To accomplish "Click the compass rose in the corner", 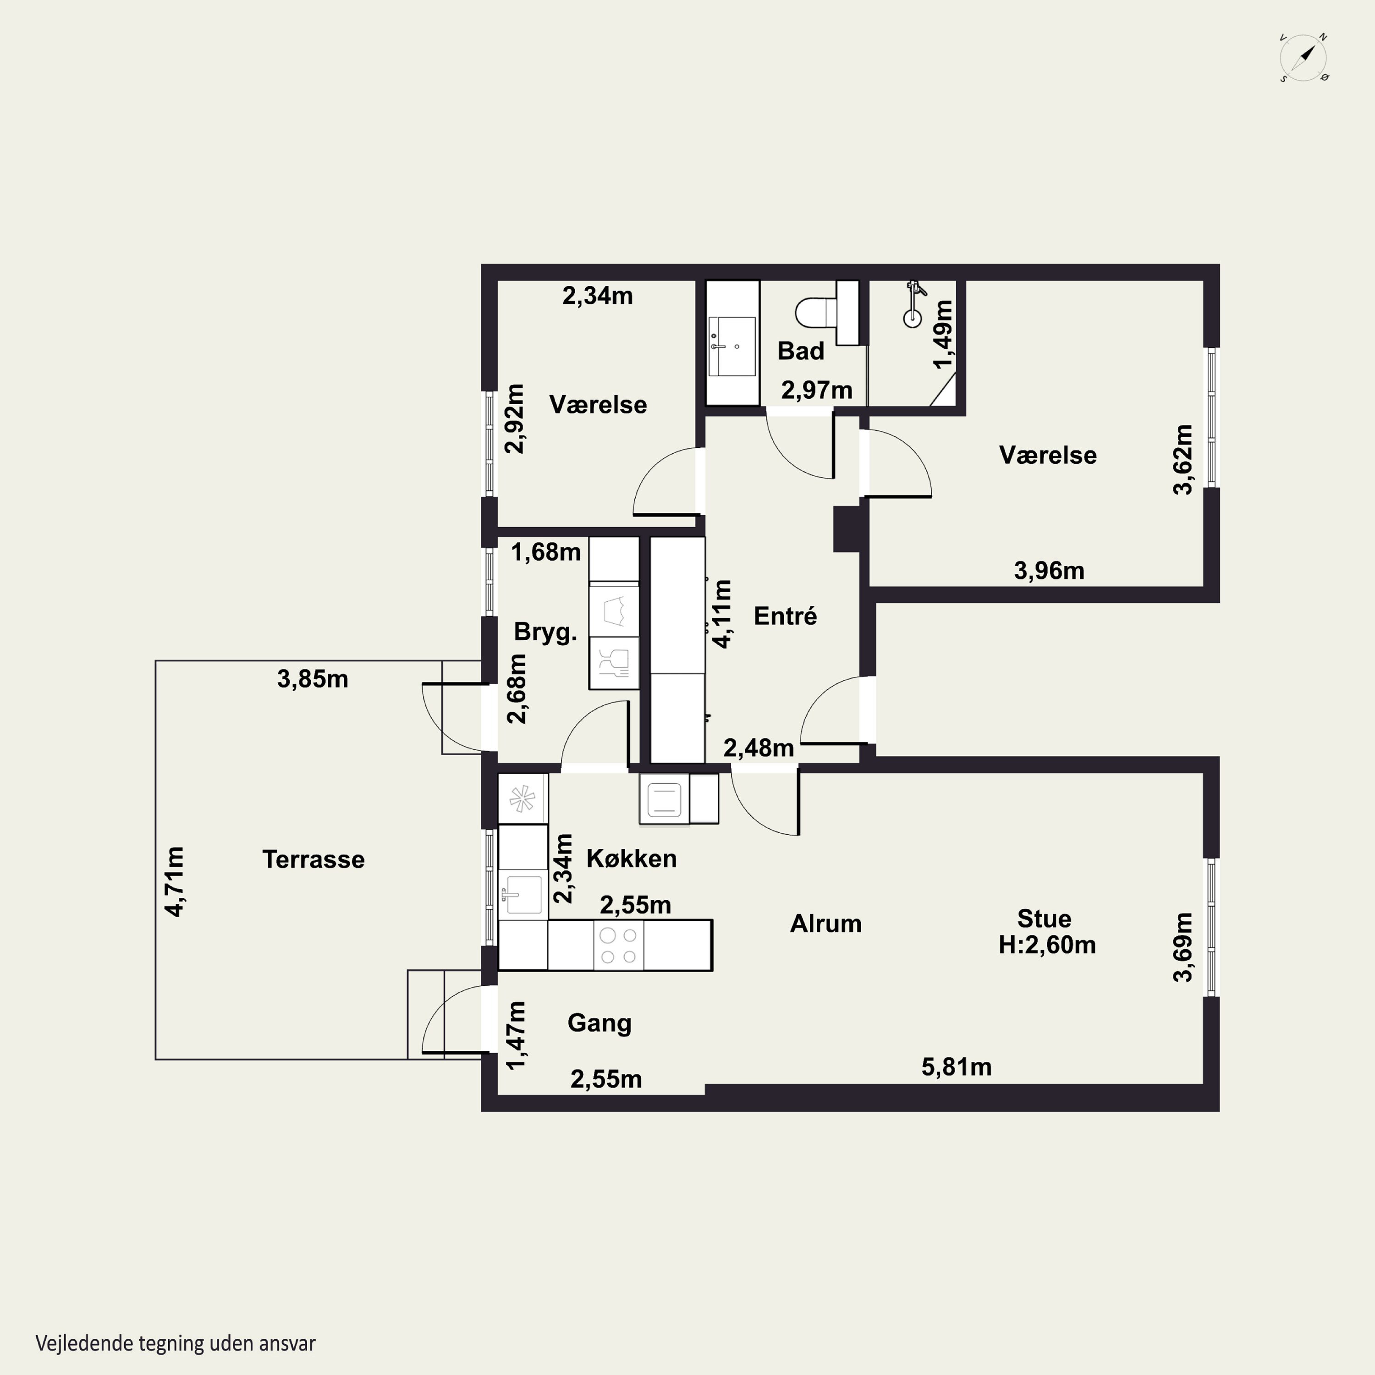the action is coord(1304,58).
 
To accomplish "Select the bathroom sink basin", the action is coord(731,346).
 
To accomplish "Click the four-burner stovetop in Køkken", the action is coord(618,945).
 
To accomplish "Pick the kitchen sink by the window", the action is coord(522,894).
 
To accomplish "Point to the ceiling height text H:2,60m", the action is coord(1047,945).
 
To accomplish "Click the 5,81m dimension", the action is coord(957,1067).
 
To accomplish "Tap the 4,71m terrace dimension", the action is coord(174,881).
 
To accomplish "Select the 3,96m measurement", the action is coord(1049,570).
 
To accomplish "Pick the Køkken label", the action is coord(631,858).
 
